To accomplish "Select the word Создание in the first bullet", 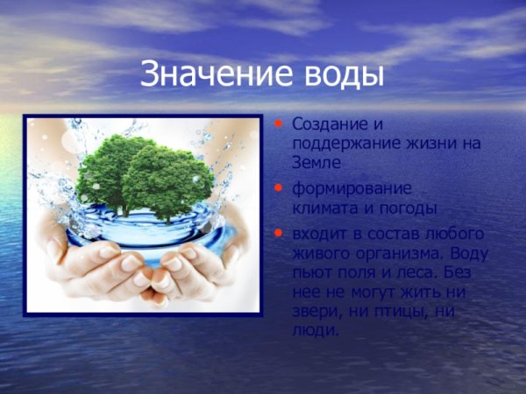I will point(324,125).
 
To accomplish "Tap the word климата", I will point(321,208).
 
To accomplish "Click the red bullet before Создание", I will point(280,124).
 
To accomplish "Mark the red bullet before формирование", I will point(280,188).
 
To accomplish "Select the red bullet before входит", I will point(280,234).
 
